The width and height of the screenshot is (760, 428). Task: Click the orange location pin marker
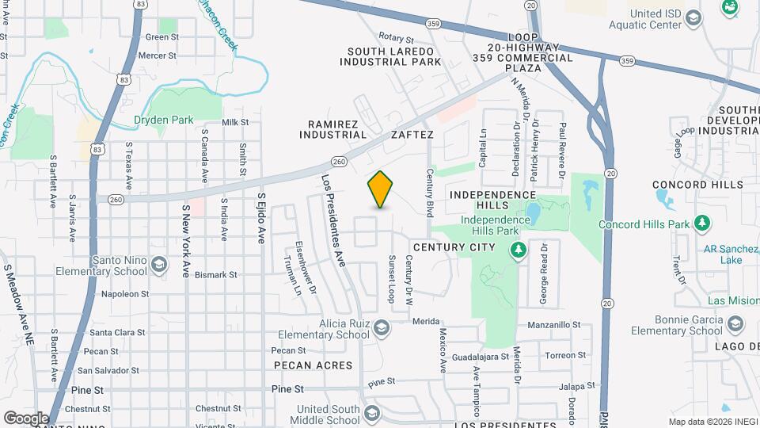click(380, 189)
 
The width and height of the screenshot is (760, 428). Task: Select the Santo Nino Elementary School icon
click(159, 265)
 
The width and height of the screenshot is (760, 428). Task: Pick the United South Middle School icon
click(372, 413)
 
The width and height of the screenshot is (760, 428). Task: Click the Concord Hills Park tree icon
click(700, 224)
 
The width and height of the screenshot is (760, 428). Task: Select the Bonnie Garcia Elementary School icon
click(735, 323)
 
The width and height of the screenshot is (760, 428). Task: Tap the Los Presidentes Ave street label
click(333, 220)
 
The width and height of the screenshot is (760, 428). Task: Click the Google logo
click(26, 418)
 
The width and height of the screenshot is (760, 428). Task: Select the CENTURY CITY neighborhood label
click(465, 247)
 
